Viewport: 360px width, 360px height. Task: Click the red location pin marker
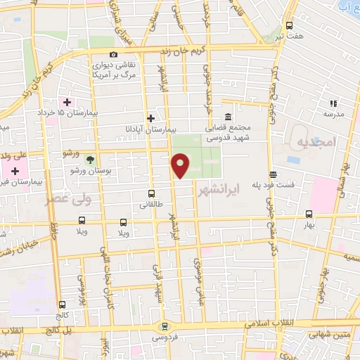[x=180, y=165]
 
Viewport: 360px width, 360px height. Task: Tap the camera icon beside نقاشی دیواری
[x=114, y=55]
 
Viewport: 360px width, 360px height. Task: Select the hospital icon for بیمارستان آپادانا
[x=150, y=118]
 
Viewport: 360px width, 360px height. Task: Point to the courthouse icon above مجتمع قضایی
[x=228, y=117]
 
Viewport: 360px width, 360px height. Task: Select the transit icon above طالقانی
[x=151, y=193]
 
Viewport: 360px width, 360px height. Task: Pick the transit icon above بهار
[x=309, y=214]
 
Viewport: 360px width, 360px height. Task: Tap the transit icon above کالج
[x=63, y=304]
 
